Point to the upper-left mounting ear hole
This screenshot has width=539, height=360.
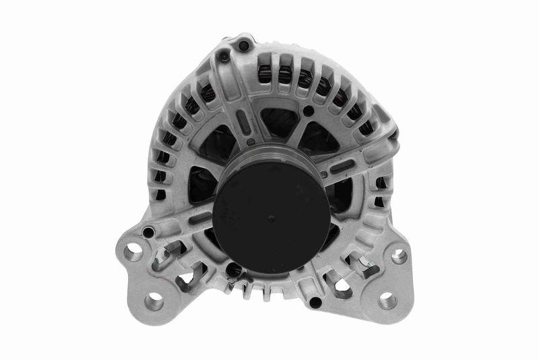click(133, 255)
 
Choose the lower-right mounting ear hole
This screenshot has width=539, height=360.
click(387, 301)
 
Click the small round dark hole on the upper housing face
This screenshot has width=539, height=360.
click(309, 111)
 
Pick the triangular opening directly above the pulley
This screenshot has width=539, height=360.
click(278, 122)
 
